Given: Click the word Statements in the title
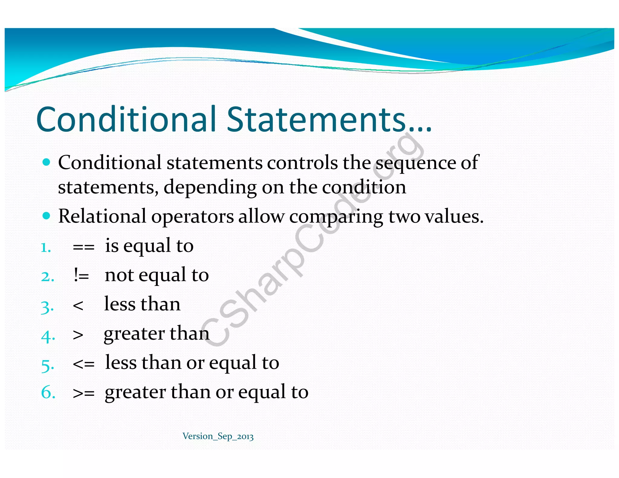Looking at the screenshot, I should click(316, 119).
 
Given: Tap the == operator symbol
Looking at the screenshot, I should click(83, 247).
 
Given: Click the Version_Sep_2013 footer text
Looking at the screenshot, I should click(218, 436).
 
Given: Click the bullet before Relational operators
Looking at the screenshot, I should click(46, 216).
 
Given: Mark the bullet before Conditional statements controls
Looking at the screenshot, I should click(46, 163).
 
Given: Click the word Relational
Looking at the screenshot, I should click(102, 216).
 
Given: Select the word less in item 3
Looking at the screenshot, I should click(120, 304).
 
